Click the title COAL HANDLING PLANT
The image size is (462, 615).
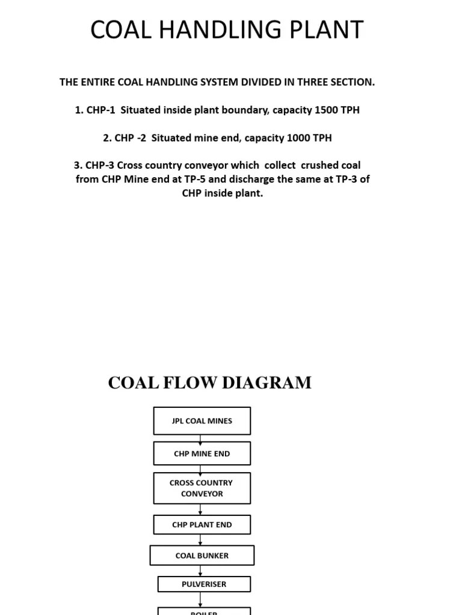click(x=227, y=30)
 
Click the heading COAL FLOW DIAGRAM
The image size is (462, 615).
click(x=209, y=383)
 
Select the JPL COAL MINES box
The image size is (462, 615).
click(x=202, y=421)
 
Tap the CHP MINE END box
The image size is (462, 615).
click(x=202, y=453)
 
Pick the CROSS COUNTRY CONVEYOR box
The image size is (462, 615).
click(x=202, y=488)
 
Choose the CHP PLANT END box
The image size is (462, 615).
click(x=202, y=524)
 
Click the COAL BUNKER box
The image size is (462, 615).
click(x=202, y=556)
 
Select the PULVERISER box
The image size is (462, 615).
click(x=204, y=584)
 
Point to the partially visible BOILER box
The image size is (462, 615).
click(x=204, y=611)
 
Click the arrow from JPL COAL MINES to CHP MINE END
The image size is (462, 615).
click(x=200, y=438)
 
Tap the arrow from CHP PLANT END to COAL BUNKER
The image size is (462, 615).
click(x=200, y=540)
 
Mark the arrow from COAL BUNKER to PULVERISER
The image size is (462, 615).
click(x=200, y=571)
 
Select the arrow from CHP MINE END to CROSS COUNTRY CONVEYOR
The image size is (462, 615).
click(x=200, y=469)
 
